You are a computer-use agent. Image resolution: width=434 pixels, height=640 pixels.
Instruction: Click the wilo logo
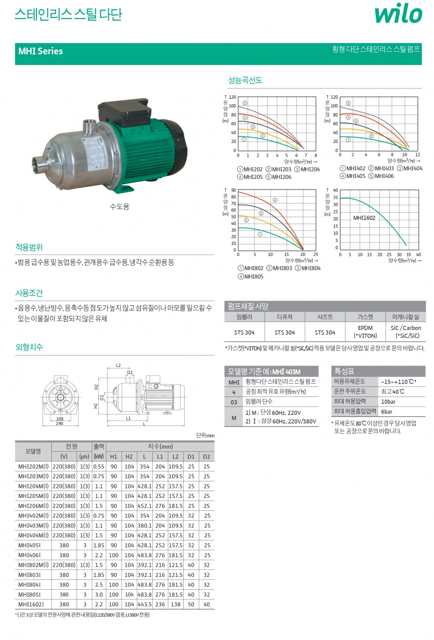click(398, 14)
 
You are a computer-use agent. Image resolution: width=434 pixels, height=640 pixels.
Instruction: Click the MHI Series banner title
click(41, 51)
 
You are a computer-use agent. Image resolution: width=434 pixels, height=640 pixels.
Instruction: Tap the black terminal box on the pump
click(124, 111)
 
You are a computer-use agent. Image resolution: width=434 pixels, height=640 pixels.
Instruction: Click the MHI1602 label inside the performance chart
click(364, 218)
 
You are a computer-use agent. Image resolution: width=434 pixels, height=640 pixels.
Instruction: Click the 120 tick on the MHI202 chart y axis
click(232, 97)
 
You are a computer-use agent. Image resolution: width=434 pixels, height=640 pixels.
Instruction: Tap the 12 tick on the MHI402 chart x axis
click(417, 155)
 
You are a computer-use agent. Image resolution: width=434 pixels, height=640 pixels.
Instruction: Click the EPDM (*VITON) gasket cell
click(365, 332)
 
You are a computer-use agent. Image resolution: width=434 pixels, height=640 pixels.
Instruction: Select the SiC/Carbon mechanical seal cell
click(405, 332)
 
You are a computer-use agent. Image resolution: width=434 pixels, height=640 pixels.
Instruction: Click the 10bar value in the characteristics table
click(388, 402)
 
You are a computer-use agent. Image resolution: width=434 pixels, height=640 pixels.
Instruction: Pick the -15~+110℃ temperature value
click(398, 382)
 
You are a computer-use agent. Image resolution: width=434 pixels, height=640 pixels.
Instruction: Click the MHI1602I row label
click(31, 604)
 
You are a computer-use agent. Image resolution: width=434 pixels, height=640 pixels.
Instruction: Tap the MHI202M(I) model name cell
click(33, 467)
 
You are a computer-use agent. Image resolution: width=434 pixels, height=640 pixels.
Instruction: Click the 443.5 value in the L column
click(145, 604)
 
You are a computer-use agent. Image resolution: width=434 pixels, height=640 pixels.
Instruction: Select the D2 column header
click(206, 456)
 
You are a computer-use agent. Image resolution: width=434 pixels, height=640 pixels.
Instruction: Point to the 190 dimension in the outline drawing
click(60, 423)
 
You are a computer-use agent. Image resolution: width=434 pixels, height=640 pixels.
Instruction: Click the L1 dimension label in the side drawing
click(128, 418)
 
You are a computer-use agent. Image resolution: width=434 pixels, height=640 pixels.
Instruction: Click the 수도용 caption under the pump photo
click(120, 207)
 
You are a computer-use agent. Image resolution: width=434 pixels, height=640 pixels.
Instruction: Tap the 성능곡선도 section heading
click(245, 80)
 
